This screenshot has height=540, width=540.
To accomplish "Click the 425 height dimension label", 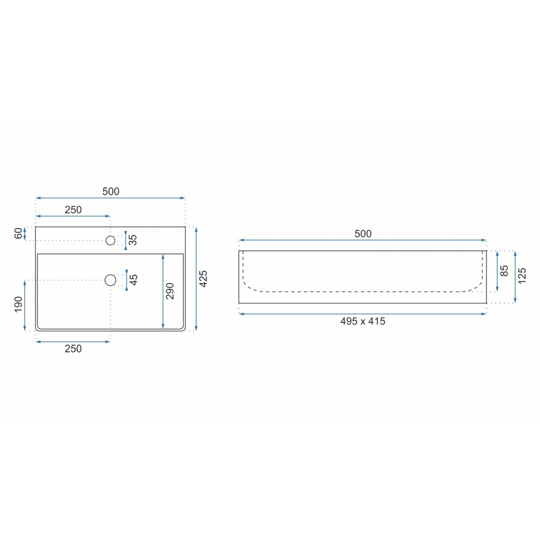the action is (203, 279).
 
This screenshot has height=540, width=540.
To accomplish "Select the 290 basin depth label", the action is (170, 291).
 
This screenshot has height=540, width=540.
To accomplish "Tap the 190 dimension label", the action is (18, 304).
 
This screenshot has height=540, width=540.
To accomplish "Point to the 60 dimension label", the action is (18, 233).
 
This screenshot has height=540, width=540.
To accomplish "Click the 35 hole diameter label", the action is (133, 240).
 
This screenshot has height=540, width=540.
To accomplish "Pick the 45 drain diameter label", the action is (133, 280).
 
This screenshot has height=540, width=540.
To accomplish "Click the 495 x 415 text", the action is (363, 321).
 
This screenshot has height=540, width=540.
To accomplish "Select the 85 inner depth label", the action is (504, 271).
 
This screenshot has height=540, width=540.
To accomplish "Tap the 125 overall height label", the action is (522, 275).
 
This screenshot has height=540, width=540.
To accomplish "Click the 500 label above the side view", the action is (363, 234).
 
